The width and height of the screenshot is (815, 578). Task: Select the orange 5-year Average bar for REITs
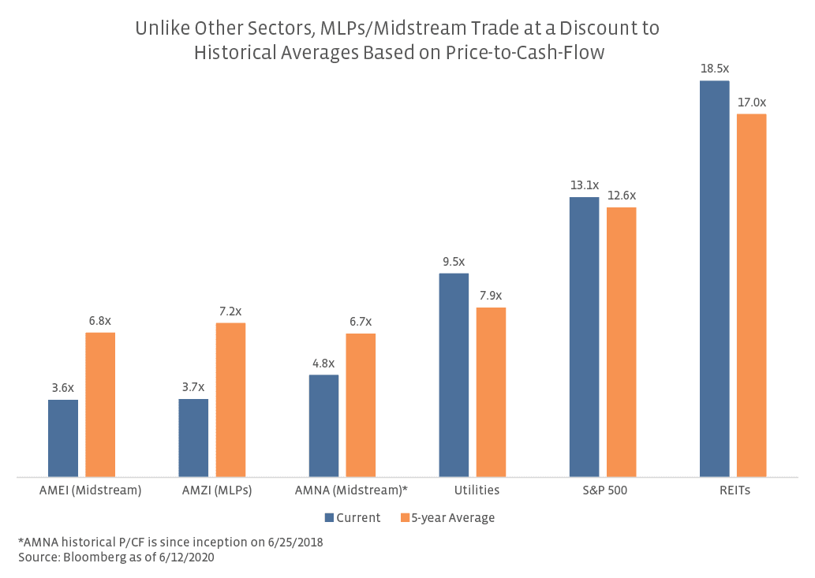click(x=751, y=295)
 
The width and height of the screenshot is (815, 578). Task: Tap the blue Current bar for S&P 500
click(x=584, y=337)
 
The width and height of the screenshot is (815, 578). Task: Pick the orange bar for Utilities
click(x=491, y=392)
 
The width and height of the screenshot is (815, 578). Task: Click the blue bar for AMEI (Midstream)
click(x=63, y=438)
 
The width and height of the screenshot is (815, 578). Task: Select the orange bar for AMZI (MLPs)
click(x=230, y=400)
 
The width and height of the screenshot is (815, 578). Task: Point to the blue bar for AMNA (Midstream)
click(x=323, y=426)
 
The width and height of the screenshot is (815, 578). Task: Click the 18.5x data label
click(x=714, y=69)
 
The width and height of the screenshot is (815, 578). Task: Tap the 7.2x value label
click(x=230, y=311)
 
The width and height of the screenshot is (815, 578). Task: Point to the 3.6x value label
click(x=63, y=388)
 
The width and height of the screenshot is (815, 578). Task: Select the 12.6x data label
click(x=621, y=196)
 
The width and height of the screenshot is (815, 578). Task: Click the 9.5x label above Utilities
click(x=454, y=262)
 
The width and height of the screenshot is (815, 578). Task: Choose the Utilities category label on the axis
click(x=477, y=490)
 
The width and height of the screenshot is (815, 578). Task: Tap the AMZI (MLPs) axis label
click(x=212, y=490)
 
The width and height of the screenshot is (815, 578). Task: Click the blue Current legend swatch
click(x=328, y=518)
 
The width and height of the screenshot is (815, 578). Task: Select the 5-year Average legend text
click(x=453, y=518)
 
